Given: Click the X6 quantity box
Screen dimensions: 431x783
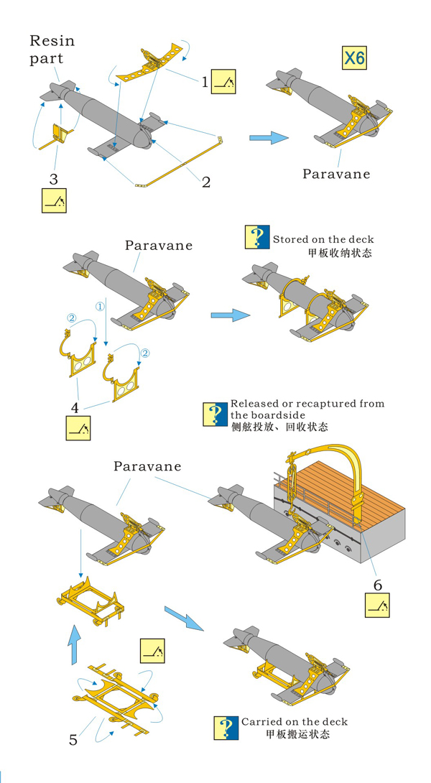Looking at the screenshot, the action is pyautogui.click(x=355, y=57).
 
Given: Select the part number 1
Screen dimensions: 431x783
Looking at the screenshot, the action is pyautogui.click(x=205, y=81).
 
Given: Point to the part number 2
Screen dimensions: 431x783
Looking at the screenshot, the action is pyautogui.click(x=205, y=182).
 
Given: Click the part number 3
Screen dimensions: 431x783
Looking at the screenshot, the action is pyautogui.click(x=53, y=178).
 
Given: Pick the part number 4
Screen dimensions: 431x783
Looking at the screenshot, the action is pyautogui.click(x=75, y=407).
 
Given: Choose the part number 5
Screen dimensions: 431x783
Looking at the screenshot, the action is pyautogui.click(x=73, y=740).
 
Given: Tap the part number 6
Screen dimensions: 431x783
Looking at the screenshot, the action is pyautogui.click(x=378, y=584).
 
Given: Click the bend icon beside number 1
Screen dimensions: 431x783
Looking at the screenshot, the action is pyautogui.click(x=223, y=81).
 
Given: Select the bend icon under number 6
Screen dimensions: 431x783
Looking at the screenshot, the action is pyautogui.click(x=377, y=605).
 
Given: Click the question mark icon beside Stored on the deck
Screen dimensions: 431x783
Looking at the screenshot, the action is pyautogui.click(x=257, y=237).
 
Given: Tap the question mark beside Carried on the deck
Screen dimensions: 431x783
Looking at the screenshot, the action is pyautogui.click(x=226, y=728).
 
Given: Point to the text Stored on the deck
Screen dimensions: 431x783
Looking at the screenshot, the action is pyautogui.click(x=323, y=239).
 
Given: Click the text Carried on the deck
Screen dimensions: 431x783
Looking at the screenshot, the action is pyautogui.click(x=295, y=721).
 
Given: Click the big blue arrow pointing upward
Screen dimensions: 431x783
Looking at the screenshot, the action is pyautogui.click(x=73, y=644).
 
